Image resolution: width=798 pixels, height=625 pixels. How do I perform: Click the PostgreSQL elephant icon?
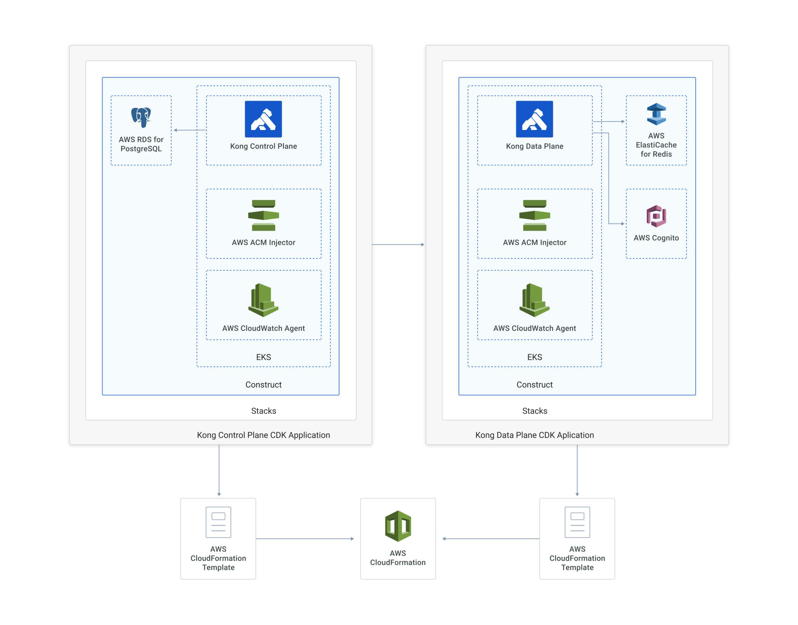pos(141,117)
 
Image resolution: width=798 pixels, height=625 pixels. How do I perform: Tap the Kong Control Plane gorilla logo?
pos(263,119)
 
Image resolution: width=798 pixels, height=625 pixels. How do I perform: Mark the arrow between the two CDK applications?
pos(398,244)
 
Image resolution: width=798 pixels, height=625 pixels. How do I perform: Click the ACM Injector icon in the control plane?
pos(263,215)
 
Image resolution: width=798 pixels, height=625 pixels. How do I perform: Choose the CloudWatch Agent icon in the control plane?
pos(263,300)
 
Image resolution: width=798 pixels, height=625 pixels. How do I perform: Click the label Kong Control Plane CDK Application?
pos(263,435)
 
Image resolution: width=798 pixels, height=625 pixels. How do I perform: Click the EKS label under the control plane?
pos(263,357)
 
